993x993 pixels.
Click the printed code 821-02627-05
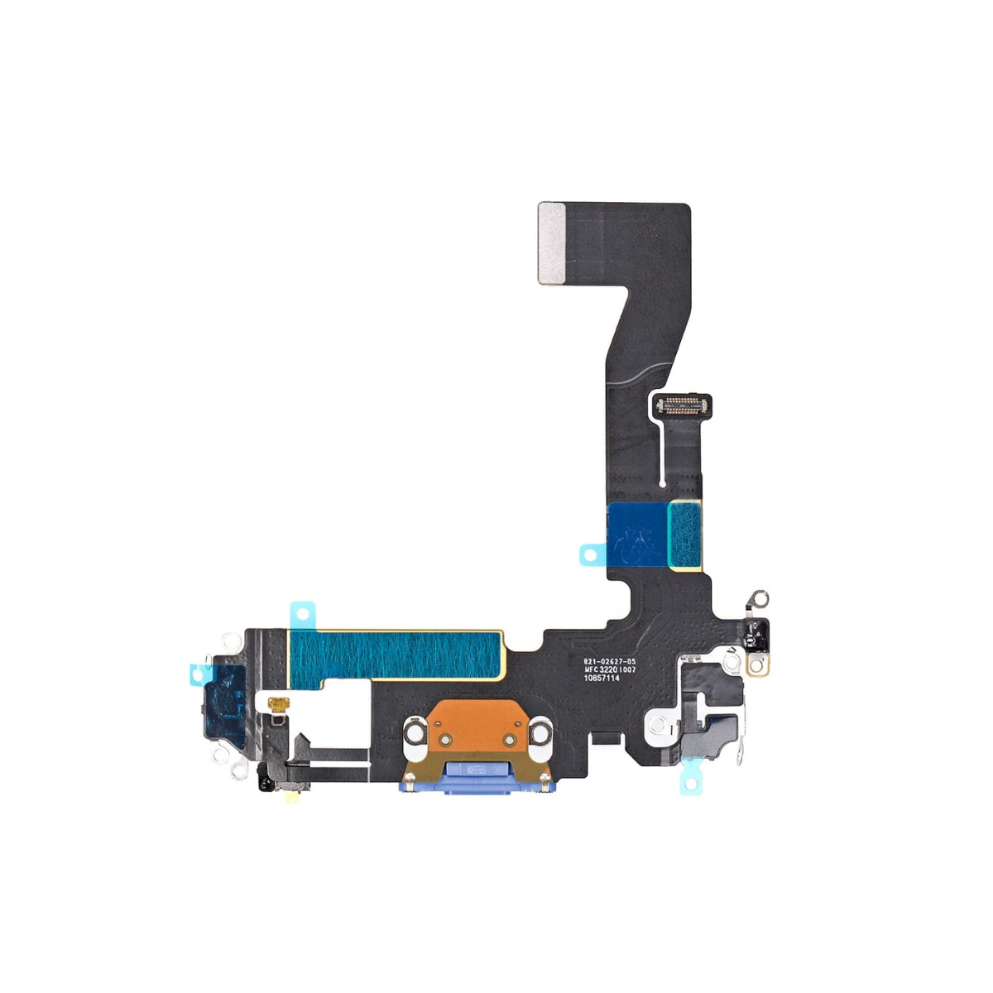point(609,661)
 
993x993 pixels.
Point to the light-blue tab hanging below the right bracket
point(690,780)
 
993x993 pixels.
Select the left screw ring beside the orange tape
point(414,731)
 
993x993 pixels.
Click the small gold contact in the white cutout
point(276,705)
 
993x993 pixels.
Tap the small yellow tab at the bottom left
point(292,799)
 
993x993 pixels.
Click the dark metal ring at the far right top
point(759,597)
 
